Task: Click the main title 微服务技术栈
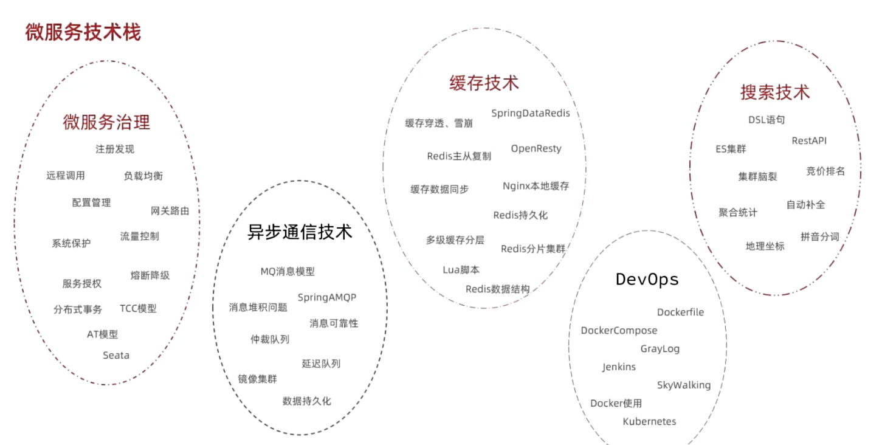point(83,32)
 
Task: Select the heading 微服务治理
point(106,122)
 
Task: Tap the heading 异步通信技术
point(300,232)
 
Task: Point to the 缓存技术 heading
point(484,83)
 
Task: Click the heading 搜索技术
point(774,92)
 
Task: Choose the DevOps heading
point(647,279)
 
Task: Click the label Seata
point(115,355)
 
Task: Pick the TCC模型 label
point(138,308)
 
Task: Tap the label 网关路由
point(170,211)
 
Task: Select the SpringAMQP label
point(326,297)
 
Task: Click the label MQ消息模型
point(288,272)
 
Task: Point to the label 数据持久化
point(306,401)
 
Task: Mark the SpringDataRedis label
point(530,113)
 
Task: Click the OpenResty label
point(536,148)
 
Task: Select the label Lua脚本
point(461,269)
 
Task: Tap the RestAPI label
point(808,140)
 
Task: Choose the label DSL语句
point(766,120)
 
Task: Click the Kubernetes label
point(649,421)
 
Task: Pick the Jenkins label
point(619,367)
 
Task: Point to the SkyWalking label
point(683,385)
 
